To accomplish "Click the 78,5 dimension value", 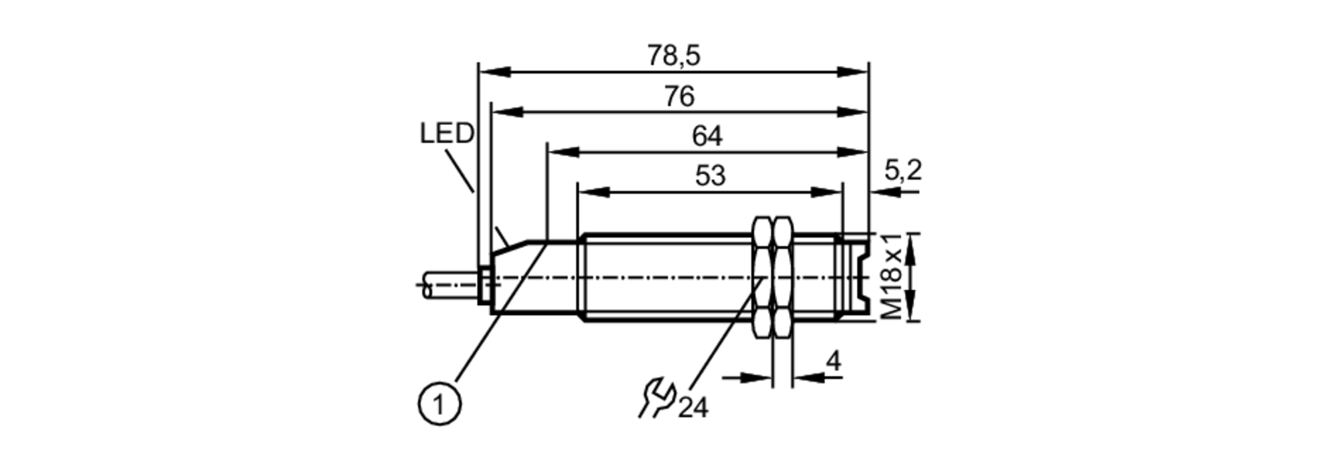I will tap(673, 56).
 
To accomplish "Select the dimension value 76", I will tap(679, 97).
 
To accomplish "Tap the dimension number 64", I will tap(707, 136).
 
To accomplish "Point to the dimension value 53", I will tap(709, 176).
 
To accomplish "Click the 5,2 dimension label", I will tap(903, 171).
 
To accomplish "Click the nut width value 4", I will tap(833, 362).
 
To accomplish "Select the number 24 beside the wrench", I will tap(693, 407).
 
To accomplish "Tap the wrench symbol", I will tap(657, 399).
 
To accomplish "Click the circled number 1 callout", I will tap(440, 404).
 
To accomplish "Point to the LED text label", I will tap(446, 134).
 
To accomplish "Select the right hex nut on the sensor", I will tap(783, 277).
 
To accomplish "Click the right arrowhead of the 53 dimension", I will tap(828, 193).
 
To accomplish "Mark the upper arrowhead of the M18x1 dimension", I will tap(913, 243).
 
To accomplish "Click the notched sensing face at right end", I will tap(862, 277).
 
